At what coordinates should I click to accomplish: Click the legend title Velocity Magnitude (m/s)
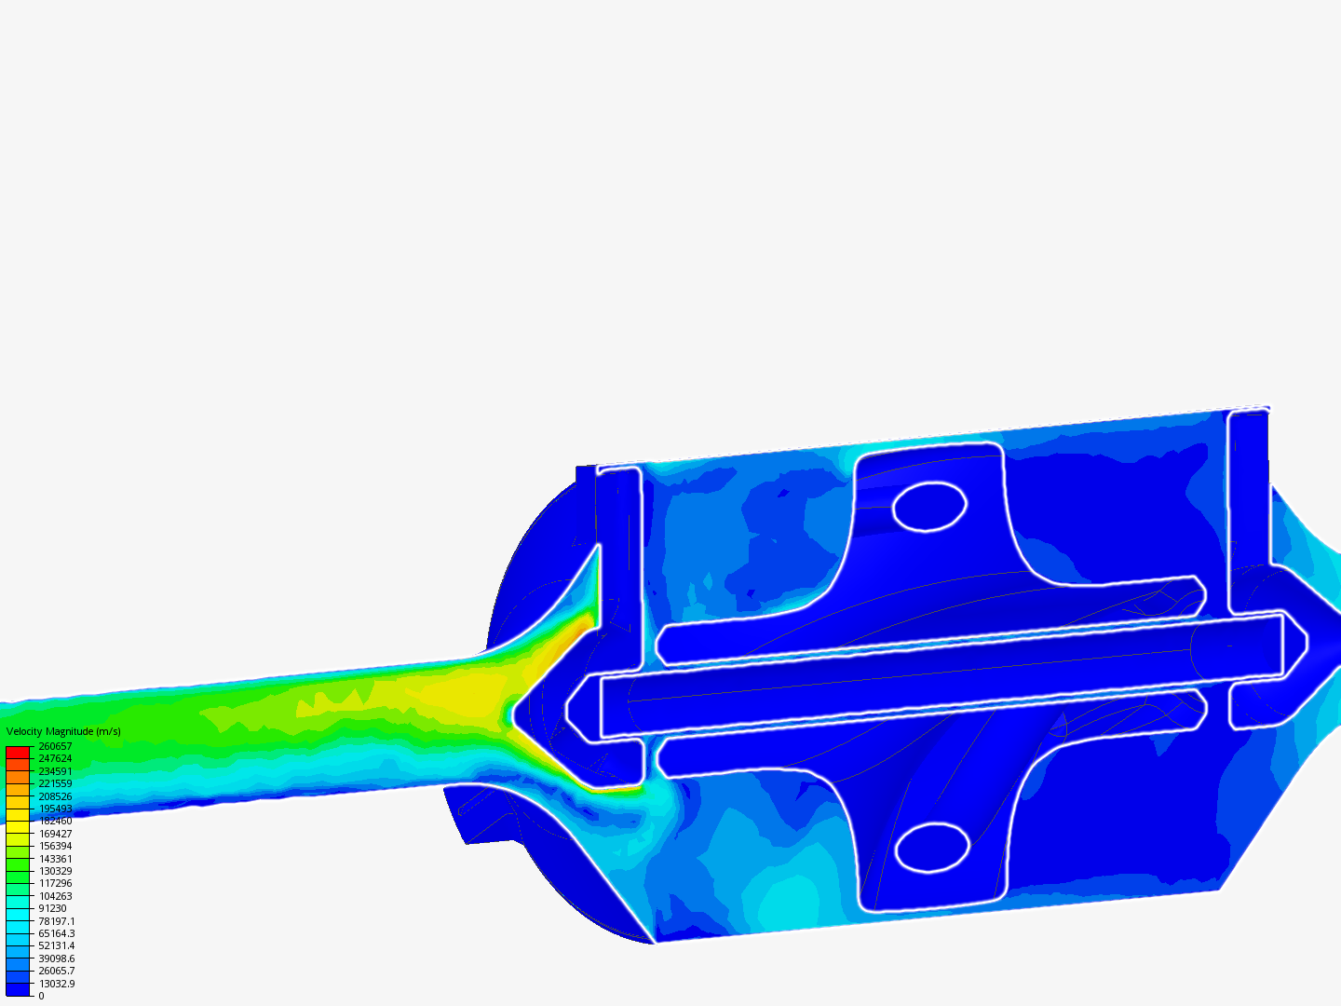[63, 731]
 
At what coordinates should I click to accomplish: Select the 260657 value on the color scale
[55, 746]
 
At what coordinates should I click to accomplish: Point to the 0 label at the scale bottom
[41, 997]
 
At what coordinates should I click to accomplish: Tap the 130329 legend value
[55, 871]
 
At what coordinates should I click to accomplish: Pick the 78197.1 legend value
[57, 921]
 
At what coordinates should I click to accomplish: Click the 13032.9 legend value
[57, 984]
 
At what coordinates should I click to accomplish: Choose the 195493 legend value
[55, 809]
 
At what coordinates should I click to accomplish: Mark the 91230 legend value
[52, 909]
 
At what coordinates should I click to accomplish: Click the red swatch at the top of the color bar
[18, 753]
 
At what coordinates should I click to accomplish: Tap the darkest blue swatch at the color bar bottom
[18, 989]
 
